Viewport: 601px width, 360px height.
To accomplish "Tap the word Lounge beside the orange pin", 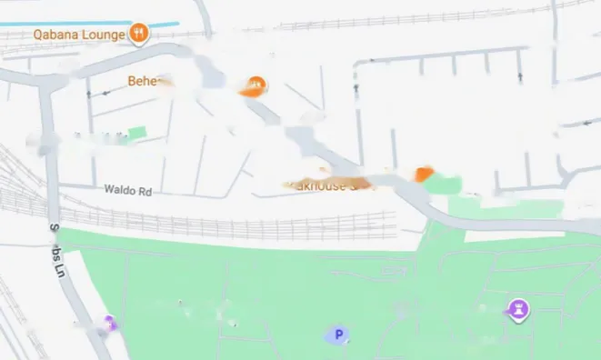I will point(103,35).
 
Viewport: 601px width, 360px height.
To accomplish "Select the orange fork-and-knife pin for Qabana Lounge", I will point(138,34).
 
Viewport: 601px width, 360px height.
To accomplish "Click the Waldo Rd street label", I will point(126,191).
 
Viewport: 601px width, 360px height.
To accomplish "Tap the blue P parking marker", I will point(338,335).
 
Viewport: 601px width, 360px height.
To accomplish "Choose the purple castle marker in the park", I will point(518,311).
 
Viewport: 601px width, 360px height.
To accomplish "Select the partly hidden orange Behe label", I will point(145,81).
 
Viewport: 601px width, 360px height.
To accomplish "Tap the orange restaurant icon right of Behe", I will point(255,86).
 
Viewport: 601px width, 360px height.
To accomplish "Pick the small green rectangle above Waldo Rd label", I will point(136,135).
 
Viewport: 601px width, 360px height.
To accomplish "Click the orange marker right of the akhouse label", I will point(422,174).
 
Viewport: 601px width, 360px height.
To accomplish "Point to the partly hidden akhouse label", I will point(323,184).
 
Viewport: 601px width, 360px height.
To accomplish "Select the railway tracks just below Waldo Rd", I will point(227,221).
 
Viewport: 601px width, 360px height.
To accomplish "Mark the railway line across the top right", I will point(409,18).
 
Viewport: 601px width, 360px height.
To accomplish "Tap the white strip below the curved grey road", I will point(509,236).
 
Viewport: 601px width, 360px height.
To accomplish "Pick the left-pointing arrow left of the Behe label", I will point(88,93).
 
